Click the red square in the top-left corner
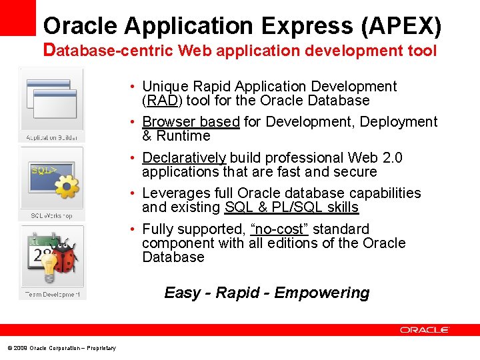(x=17, y=17)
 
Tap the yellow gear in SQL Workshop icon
(x=67, y=187)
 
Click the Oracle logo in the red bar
(x=425, y=330)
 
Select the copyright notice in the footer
(x=61, y=348)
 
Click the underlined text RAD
(x=159, y=101)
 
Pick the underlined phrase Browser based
(x=191, y=122)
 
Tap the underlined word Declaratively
(x=184, y=158)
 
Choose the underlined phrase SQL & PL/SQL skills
(x=291, y=208)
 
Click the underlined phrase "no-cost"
(x=279, y=229)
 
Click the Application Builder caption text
(x=51, y=137)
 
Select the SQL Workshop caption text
(x=51, y=216)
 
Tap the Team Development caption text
(x=52, y=294)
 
